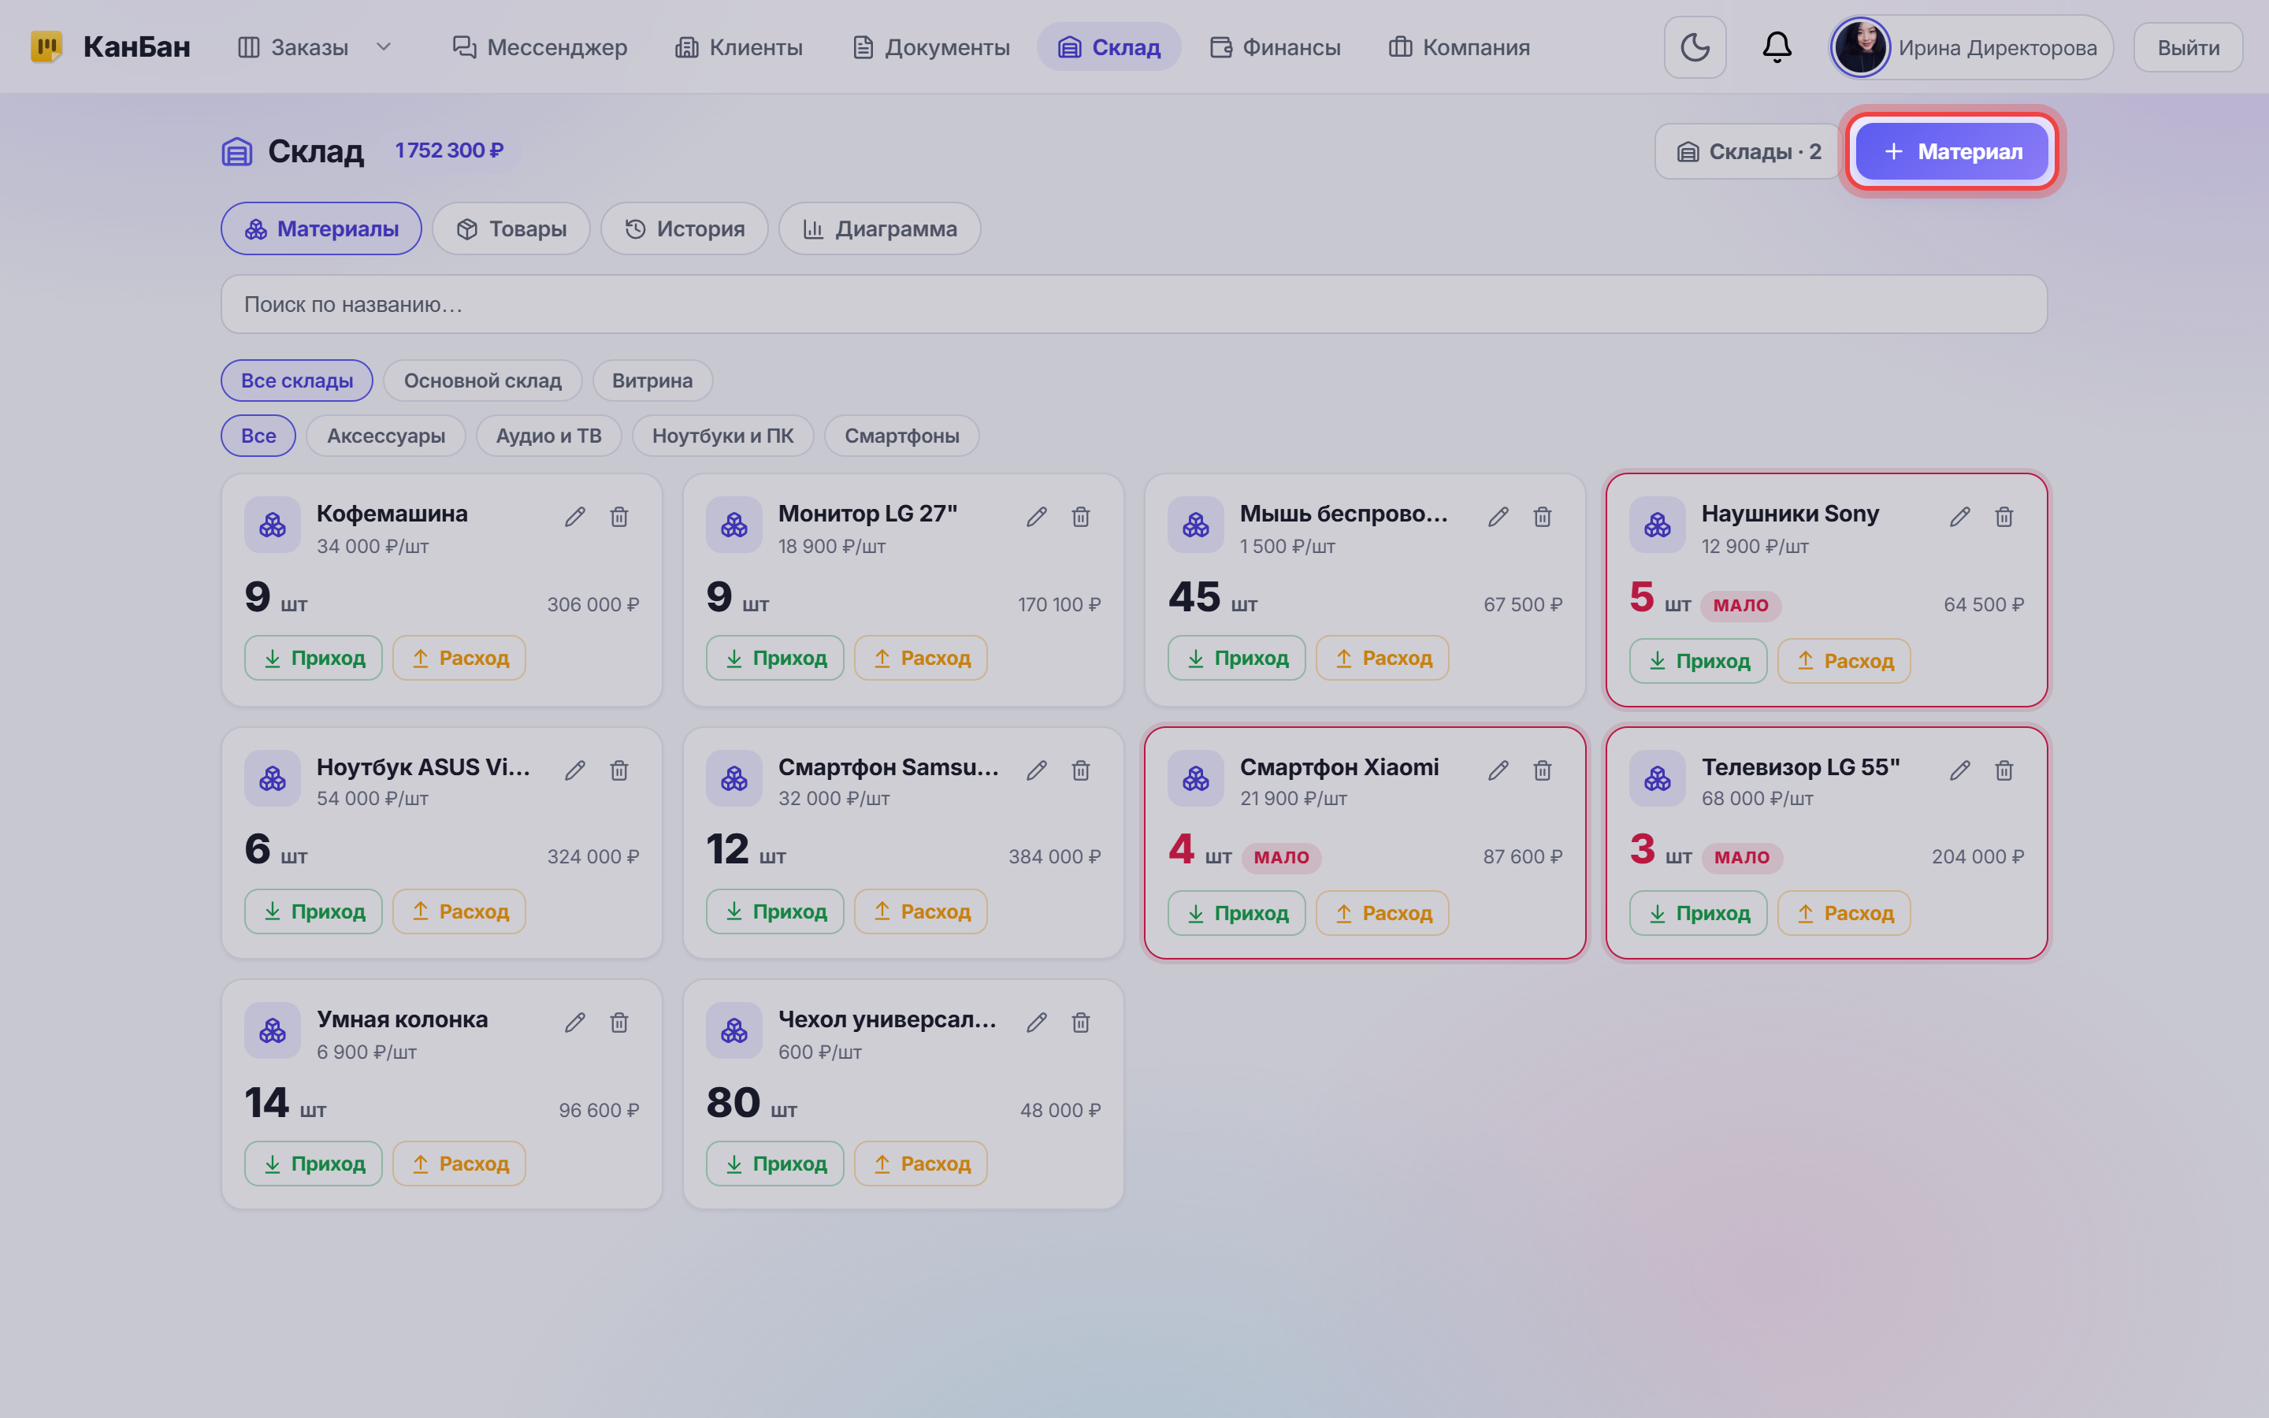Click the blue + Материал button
coord(1951,151)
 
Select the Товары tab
coord(511,228)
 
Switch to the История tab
coord(685,228)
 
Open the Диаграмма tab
coord(879,228)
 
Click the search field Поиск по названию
coord(1134,304)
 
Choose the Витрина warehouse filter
coord(652,380)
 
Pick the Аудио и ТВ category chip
coord(548,436)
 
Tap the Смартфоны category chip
coord(902,436)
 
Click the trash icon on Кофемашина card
coord(618,517)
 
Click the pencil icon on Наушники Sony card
coord(1959,517)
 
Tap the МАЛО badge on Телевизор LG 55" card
coord(1742,857)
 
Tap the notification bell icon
coord(1777,47)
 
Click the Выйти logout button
coord(2189,47)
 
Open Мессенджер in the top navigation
coord(540,47)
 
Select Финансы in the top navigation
coord(1276,47)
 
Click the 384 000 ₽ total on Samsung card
coord(1055,856)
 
